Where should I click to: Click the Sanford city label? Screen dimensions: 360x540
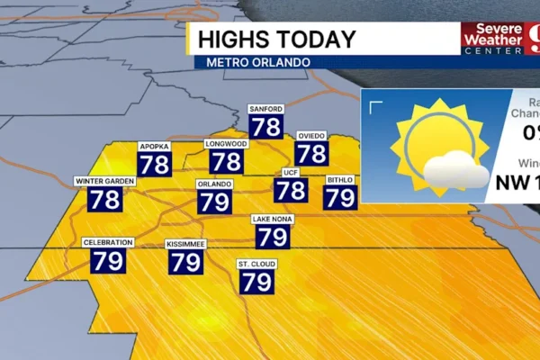266,110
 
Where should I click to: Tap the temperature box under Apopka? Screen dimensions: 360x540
155,163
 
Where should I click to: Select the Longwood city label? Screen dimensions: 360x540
227,144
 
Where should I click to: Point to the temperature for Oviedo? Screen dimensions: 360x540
311,152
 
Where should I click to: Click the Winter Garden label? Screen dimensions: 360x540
104,182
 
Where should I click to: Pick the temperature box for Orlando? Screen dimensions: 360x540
214,201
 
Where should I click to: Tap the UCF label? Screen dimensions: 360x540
290,172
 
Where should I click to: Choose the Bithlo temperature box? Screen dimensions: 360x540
340,197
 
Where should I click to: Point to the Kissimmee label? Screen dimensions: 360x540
185,244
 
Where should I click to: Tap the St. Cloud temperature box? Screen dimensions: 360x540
256,281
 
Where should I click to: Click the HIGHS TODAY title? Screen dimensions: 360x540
275,40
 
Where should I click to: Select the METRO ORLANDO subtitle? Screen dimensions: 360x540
257,62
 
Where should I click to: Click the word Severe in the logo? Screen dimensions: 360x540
490,28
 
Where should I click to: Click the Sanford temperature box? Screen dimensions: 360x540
266,127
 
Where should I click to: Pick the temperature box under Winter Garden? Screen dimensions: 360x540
104,199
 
